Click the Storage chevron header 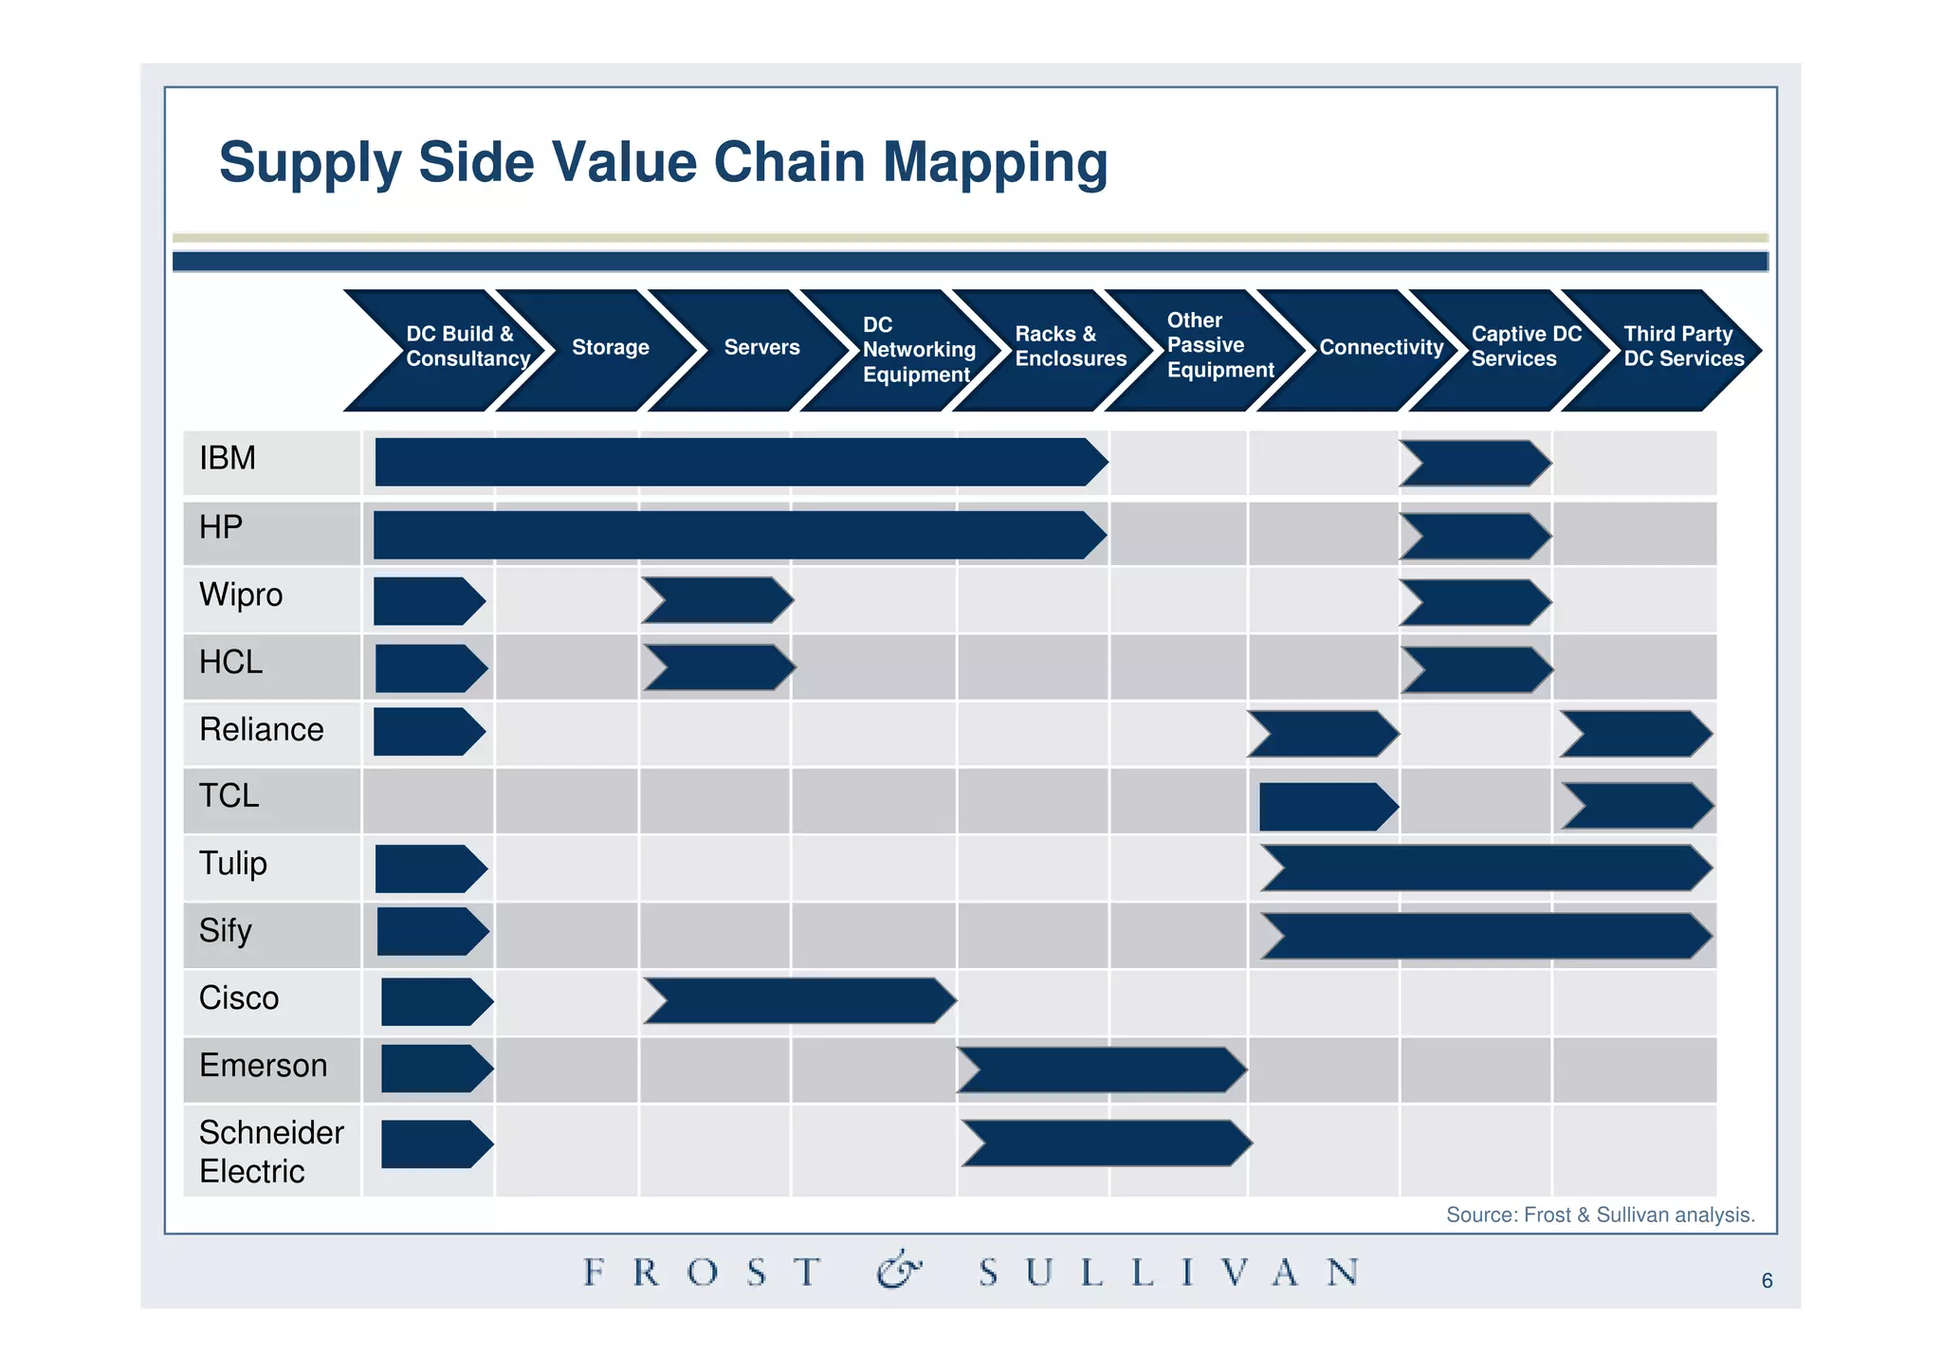pos(610,348)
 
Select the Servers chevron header pos(761,348)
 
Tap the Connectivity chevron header pos(1380,348)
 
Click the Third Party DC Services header pos(1682,347)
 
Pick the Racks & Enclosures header pos(1070,347)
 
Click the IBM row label pos(228,459)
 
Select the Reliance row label pos(262,730)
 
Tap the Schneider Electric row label pos(270,1152)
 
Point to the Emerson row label pos(263,1066)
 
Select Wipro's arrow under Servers pos(718,600)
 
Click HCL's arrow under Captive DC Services pos(1476,670)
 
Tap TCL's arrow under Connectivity pos(1327,807)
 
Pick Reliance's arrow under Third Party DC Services pos(1636,735)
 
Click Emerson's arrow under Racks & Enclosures pos(1102,1070)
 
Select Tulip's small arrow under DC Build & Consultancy pos(430,869)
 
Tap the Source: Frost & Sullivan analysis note pos(1600,1216)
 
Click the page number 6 pos(1767,1281)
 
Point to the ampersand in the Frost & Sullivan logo pos(898,1271)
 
